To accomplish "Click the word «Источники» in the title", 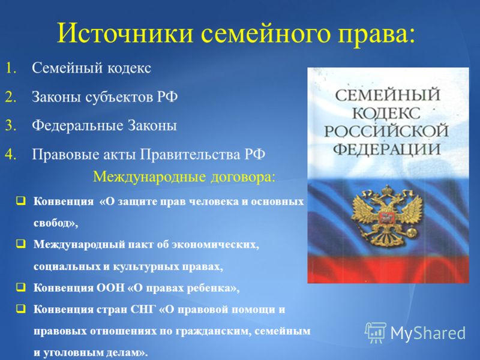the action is (125, 33).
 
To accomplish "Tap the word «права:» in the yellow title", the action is (377, 34).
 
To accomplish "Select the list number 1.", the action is (11, 68).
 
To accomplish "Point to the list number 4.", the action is (11, 154).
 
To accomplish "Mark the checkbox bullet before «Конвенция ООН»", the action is (21, 287).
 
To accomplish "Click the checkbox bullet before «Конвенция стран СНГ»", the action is (21, 309).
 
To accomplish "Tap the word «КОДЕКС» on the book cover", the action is (386, 113).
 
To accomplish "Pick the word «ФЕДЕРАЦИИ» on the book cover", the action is (386, 149).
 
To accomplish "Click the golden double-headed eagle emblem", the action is (387, 216).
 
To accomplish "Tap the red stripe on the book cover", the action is (388, 269).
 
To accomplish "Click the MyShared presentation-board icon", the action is (376, 332).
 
